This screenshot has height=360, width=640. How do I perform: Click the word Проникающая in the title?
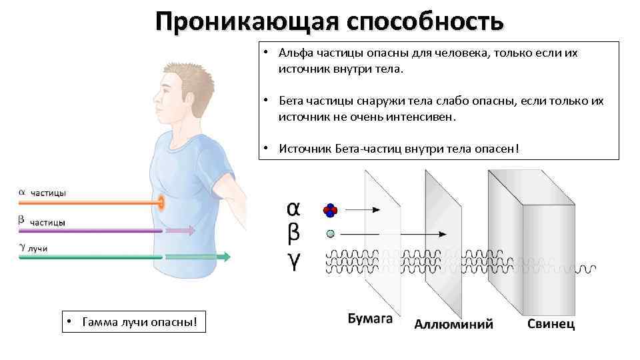pos(246,22)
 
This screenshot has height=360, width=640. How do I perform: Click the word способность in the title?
pos(425,22)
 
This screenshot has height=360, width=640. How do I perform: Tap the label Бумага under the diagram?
pos(370,319)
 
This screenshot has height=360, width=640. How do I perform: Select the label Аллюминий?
pos(454,324)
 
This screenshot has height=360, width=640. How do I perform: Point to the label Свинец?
pos(551,324)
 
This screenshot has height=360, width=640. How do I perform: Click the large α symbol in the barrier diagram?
pos(293,209)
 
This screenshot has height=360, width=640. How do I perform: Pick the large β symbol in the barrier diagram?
pos(293,234)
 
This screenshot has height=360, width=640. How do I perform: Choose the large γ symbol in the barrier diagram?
pos(293,262)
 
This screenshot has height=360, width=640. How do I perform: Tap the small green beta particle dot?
pos(330,234)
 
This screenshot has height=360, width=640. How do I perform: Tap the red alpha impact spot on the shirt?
pos(161,202)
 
